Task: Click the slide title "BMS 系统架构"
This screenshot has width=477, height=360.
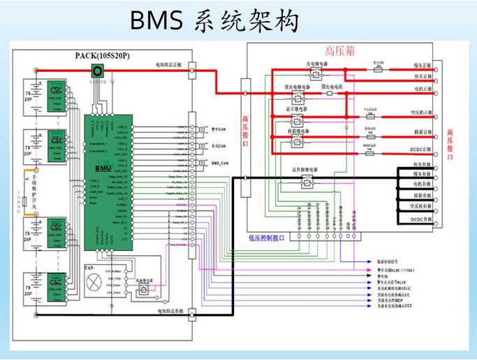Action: pyautogui.click(x=215, y=21)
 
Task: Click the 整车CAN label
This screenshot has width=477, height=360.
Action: pyautogui.click(x=219, y=129)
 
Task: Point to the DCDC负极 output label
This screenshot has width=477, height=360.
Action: pyautogui.click(x=423, y=219)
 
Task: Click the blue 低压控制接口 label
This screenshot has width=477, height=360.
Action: pyautogui.click(x=267, y=238)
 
